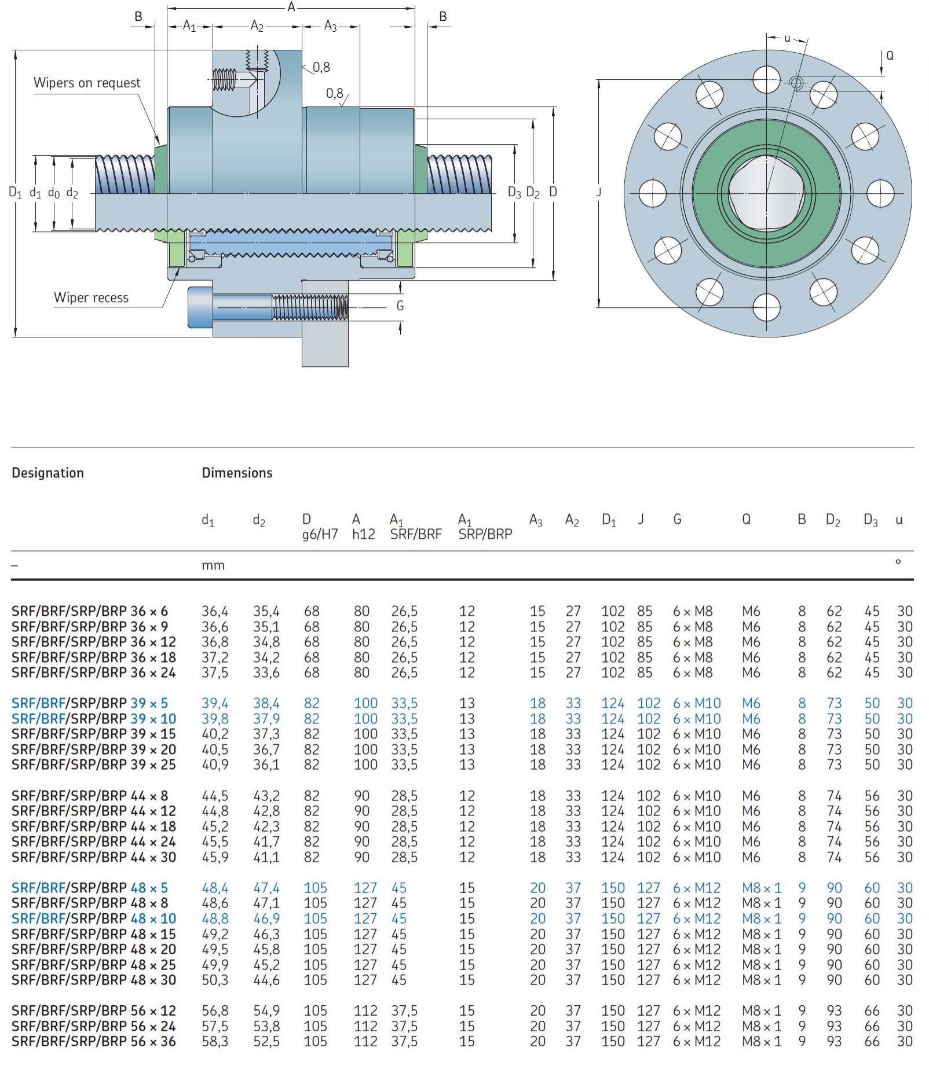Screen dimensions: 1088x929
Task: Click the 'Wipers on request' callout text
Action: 87,83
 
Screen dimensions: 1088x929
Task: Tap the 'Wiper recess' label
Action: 91,297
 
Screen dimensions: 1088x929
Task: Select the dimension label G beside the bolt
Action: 400,306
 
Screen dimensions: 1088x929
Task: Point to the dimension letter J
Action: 599,192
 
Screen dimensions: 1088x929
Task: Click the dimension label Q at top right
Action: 890,56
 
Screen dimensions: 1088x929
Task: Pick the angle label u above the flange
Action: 787,39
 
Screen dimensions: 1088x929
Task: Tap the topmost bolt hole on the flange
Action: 767,79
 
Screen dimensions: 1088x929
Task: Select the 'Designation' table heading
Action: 47,473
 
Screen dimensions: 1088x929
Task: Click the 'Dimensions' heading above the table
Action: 237,473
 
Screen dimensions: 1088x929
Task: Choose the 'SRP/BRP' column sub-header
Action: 485,534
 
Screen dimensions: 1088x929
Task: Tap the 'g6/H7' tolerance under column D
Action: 320,534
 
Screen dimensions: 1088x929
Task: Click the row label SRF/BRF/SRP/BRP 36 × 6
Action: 90,611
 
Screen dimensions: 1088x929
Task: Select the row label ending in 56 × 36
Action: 93,1041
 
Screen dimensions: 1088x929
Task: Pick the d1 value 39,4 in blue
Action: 215,703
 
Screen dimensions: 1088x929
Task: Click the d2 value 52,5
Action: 266,1041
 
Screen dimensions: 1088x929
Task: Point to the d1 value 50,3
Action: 215,980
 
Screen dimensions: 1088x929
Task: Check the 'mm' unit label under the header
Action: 213,565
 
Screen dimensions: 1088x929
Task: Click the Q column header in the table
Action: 747,519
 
